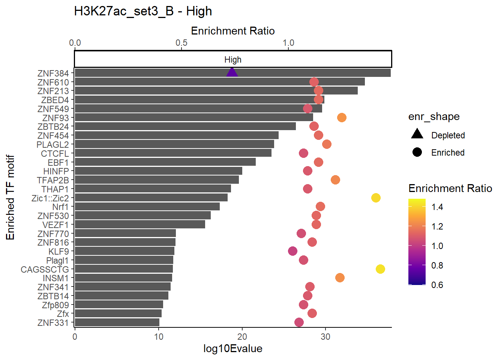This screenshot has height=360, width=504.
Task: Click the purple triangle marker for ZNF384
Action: tap(232, 72)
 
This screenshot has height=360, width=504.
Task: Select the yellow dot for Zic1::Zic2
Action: tap(376, 198)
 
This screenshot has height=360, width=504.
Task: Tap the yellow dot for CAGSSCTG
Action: tap(380, 269)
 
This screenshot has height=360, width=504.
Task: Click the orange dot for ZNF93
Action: tap(342, 118)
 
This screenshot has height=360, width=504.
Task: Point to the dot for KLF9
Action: tap(292, 251)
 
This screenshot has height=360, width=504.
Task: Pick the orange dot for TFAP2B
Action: tap(335, 180)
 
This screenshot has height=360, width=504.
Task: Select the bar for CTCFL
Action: tap(173, 153)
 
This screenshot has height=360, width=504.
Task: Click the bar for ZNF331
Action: tap(117, 322)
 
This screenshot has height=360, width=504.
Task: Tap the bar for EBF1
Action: tap(165, 162)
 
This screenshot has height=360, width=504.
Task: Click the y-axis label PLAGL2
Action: tap(53, 145)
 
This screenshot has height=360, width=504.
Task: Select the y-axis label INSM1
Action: tap(56, 278)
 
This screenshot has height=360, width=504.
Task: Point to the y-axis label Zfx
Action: tap(63, 314)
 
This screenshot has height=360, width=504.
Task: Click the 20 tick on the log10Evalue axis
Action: tap(242, 337)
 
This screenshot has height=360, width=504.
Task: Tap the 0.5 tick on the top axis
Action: tap(181, 43)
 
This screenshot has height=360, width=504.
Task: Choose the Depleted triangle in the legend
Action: tap(417, 134)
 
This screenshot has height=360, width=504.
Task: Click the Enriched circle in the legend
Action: tap(417, 152)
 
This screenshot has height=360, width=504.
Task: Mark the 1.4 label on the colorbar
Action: tap(437, 207)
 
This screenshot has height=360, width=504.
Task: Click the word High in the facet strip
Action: tap(233, 60)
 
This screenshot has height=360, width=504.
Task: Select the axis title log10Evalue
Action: tap(233, 349)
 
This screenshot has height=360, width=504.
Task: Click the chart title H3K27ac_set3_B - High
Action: tap(143, 11)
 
